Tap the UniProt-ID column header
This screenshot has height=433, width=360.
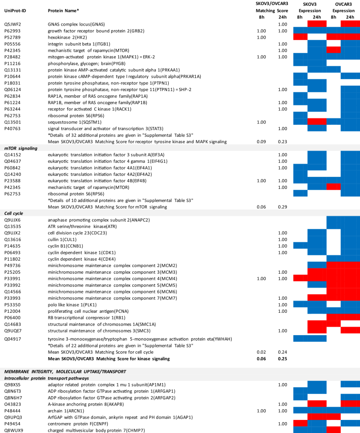(x=15, y=10)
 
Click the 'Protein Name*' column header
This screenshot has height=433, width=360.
(x=63, y=10)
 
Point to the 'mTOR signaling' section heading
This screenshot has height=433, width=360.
(x=21, y=148)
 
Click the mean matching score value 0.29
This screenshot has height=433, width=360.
(x=282, y=207)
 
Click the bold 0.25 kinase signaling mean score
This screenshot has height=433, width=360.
(x=282, y=359)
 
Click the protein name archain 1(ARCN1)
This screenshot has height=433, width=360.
(x=66, y=411)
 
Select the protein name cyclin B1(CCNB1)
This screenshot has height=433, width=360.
(x=67, y=246)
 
